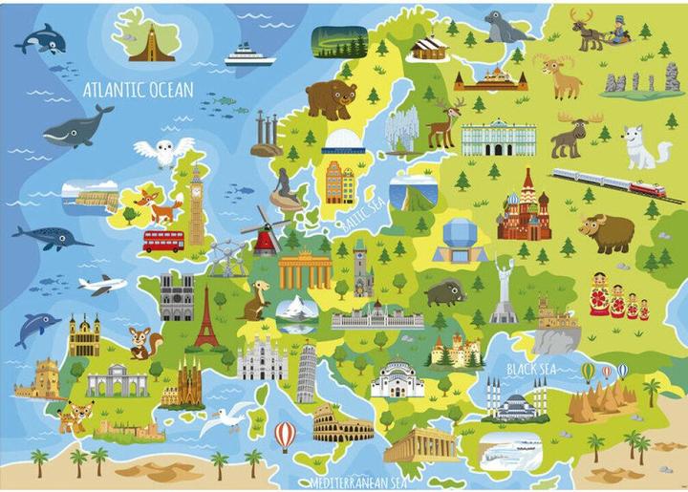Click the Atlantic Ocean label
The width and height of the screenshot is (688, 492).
(139, 90)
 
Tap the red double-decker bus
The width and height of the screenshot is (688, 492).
(163, 240)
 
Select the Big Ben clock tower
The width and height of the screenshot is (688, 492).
(198, 204)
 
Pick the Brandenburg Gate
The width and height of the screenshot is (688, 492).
(305, 269)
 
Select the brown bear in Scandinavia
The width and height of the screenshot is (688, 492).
(331, 97)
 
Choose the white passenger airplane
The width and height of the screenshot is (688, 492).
(101, 284)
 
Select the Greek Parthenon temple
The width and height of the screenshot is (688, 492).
(420, 443)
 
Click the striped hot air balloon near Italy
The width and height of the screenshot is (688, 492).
(285, 435)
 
